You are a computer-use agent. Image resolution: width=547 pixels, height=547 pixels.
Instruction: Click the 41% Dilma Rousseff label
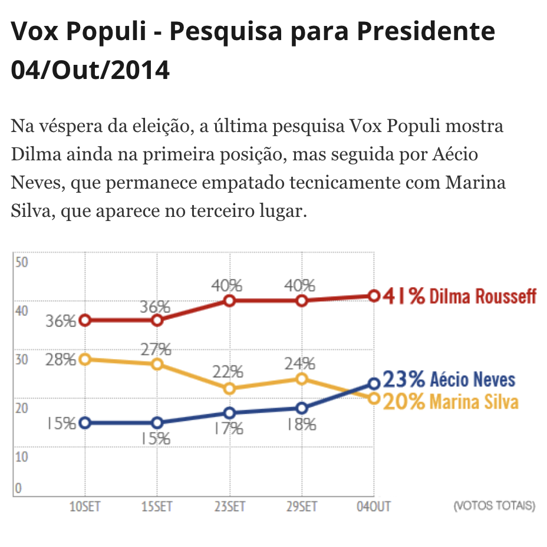click(460, 296)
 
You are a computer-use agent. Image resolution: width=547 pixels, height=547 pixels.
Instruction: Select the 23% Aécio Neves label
click(449, 379)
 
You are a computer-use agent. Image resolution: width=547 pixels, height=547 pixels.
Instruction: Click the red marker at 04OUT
click(374, 295)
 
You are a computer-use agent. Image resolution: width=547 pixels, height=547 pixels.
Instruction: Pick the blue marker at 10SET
click(85, 423)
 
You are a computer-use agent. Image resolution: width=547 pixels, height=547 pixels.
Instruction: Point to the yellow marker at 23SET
click(229, 388)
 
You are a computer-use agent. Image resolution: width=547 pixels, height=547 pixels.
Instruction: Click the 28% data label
click(61, 360)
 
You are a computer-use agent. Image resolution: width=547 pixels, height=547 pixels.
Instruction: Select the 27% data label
click(156, 349)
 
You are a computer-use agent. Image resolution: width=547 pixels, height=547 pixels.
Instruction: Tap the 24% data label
click(301, 364)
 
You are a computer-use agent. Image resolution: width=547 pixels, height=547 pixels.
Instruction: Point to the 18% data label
click(301, 424)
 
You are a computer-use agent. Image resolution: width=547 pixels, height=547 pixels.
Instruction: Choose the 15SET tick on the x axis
click(157, 506)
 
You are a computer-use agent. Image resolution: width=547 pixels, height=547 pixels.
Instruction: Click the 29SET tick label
click(302, 506)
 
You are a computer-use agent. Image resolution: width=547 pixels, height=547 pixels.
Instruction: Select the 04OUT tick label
click(374, 506)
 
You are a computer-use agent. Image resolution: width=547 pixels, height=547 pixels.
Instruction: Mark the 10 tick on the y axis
click(22, 456)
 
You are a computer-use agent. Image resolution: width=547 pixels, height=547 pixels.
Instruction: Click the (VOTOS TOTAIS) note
click(494, 506)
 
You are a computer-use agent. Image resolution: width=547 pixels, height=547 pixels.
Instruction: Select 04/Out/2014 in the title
click(90, 70)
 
